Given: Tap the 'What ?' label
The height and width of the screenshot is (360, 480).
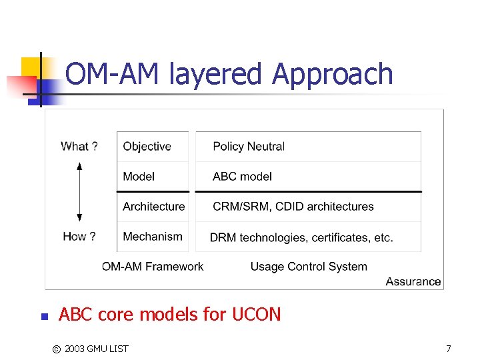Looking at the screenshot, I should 79,147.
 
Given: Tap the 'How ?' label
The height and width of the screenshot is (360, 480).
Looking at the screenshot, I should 79,237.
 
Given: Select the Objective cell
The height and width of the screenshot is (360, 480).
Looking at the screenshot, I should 147,147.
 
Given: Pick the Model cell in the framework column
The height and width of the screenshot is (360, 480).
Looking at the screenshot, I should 139,177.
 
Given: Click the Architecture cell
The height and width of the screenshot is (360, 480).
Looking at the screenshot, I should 153,207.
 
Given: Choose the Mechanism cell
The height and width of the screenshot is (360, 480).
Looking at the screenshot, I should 152,237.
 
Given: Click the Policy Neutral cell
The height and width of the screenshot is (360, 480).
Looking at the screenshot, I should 248,147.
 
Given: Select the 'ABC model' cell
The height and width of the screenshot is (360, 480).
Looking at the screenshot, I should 242,177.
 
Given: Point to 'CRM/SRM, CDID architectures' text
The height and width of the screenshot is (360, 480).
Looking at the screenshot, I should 293,207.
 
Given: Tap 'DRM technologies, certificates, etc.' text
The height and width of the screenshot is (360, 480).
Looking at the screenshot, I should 301,237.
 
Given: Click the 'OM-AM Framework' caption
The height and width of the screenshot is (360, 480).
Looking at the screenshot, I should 153,267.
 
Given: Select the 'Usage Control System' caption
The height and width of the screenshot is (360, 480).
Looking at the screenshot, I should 309,267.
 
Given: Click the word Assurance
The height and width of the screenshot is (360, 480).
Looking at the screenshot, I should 413,281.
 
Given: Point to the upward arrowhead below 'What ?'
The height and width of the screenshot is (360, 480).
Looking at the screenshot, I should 79,165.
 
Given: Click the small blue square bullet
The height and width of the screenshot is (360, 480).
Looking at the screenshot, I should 41,317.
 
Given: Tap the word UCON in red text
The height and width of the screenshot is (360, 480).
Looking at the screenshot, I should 257,314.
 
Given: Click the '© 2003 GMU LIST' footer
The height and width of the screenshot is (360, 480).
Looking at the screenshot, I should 90,349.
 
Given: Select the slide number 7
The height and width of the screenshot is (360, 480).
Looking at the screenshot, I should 448,349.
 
